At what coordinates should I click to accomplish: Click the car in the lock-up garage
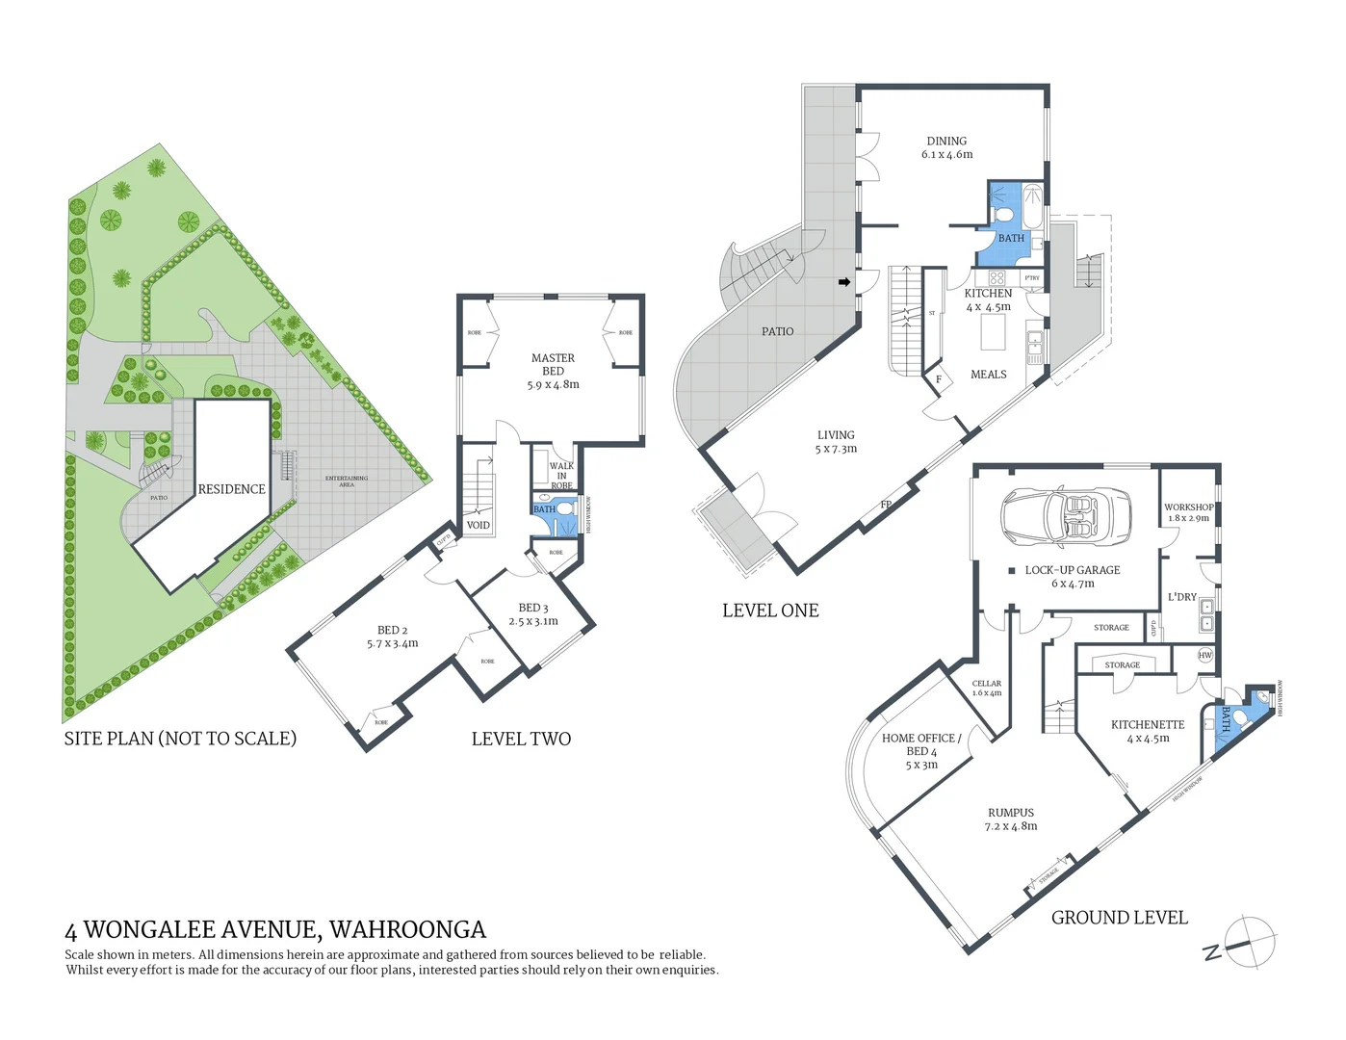[1066, 515]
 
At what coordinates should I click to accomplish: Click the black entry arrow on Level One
[844, 282]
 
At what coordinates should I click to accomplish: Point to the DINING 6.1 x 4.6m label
[946, 147]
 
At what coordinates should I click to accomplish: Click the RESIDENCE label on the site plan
[231, 489]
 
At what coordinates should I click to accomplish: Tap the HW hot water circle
[1204, 655]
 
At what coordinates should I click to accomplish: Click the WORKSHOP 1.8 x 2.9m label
[1188, 512]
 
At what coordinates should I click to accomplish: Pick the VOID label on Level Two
[478, 525]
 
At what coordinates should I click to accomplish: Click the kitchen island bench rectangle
[993, 332]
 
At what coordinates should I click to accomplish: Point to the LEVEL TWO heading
[521, 739]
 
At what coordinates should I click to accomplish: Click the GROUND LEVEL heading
[1119, 918]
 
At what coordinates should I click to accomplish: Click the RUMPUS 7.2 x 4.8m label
[1010, 819]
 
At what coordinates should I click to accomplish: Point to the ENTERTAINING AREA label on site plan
[347, 481]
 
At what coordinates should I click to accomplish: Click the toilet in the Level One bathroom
[1003, 213]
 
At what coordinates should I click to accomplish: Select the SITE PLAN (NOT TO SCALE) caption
[180, 739]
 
